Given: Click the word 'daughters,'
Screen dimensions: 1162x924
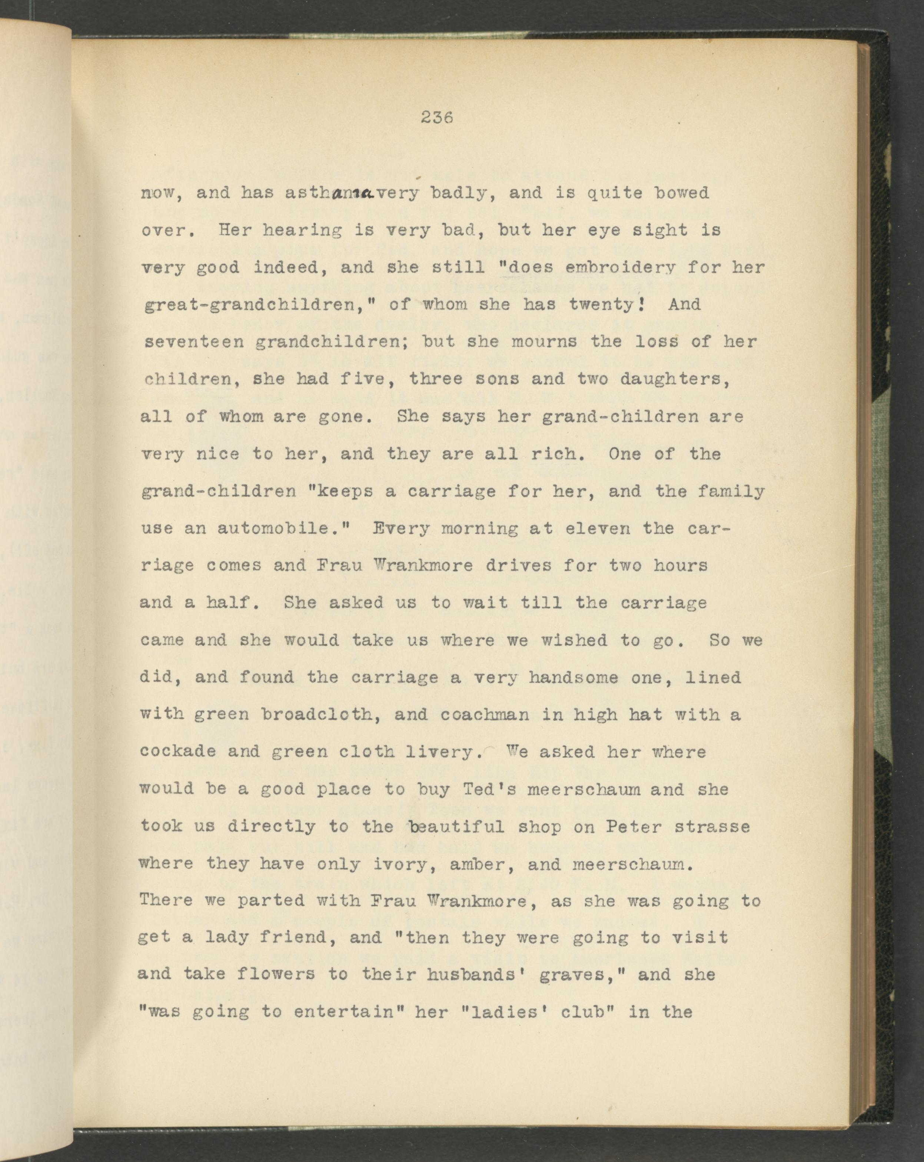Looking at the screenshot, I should pos(675,380).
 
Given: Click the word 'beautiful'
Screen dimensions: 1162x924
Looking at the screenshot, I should pos(456,827).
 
